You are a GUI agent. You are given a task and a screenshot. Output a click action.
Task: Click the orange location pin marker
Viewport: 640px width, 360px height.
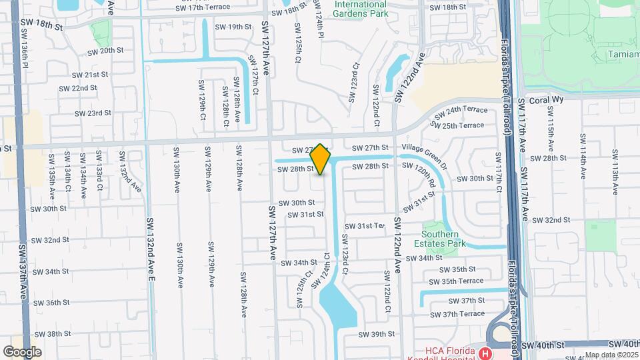click(321, 159)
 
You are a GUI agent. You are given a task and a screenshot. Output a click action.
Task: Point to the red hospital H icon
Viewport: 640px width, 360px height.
click(486, 353)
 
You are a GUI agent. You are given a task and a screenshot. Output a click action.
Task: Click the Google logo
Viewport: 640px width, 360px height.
click(23, 351)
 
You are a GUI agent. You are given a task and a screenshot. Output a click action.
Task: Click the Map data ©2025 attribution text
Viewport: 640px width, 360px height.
click(611, 355)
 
